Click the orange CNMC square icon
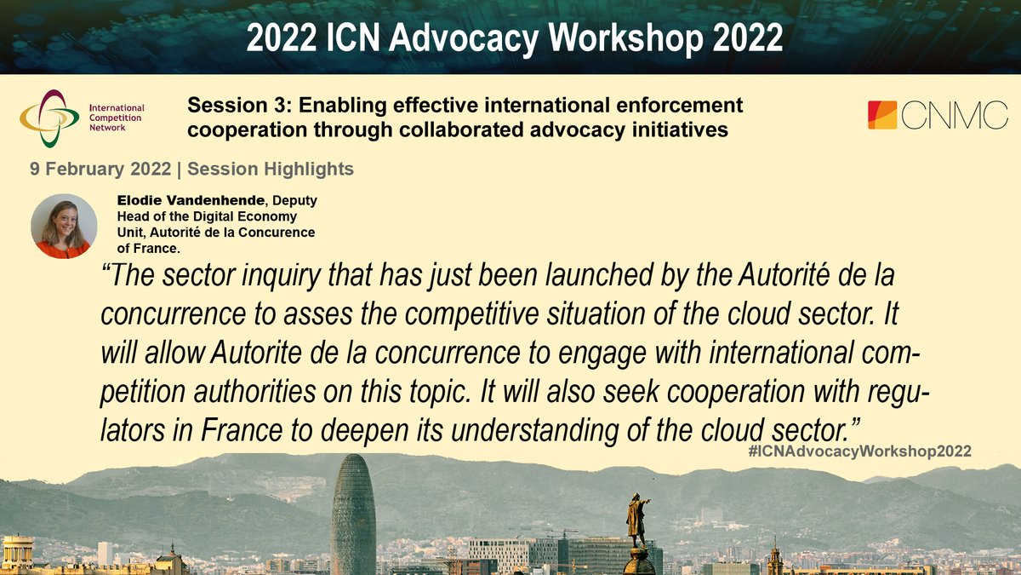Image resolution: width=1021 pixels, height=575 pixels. (882, 115)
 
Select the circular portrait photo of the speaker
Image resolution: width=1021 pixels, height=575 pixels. (64, 226)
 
